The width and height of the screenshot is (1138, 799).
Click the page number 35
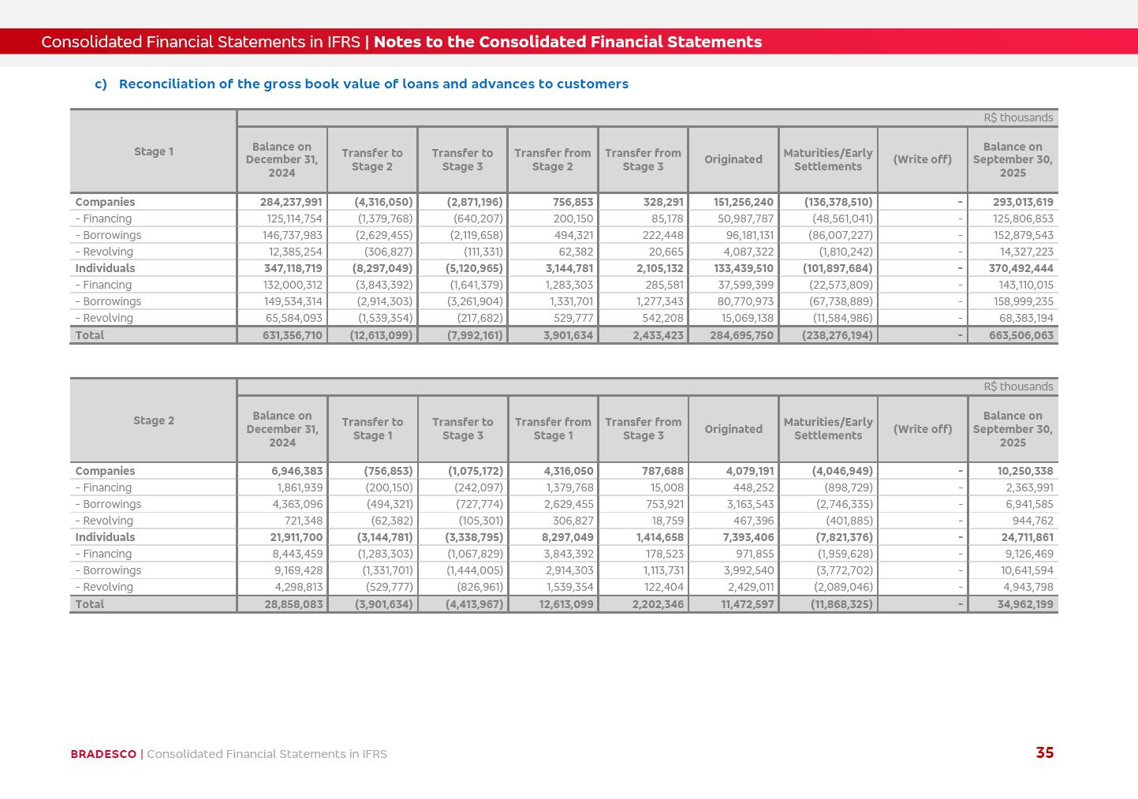pyautogui.click(x=1044, y=753)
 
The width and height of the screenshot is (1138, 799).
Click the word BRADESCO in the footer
pyautogui.click(x=103, y=754)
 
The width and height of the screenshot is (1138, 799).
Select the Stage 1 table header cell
pyautogui.click(x=153, y=151)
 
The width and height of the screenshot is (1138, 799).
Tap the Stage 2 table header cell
pyautogui.click(x=153, y=420)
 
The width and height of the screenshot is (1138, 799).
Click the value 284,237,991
pyautogui.click(x=291, y=202)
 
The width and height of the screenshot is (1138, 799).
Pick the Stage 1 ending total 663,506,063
pyautogui.click(x=1020, y=335)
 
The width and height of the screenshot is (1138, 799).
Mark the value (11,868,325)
pyautogui.click(x=841, y=604)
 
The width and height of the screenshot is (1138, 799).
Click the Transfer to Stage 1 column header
pyautogui.click(x=372, y=429)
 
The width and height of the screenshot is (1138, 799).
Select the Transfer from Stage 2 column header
pyautogui.click(x=552, y=159)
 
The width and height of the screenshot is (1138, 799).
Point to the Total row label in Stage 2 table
pyautogui.click(x=89, y=604)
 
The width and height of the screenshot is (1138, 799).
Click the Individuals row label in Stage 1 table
pyautogui.click(x=105, y=268)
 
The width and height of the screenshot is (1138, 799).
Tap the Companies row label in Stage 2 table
pyautogui.click(x=105, y=471)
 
